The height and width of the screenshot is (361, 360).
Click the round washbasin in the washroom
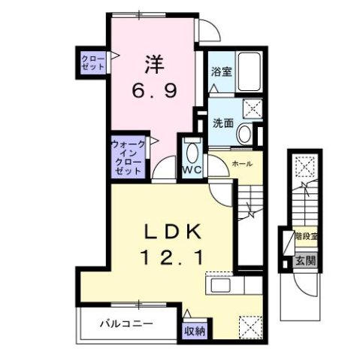click(x=244, y=134)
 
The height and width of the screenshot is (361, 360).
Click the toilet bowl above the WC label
click(x=193, y=154)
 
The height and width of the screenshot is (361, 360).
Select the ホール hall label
click(x=241, y=163)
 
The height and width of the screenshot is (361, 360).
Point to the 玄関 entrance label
click(x=304, y=261)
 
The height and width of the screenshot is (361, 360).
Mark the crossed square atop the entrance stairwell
click(x=305, y=165)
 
